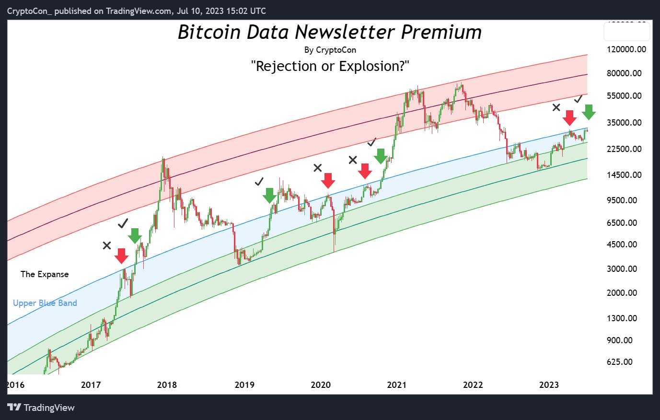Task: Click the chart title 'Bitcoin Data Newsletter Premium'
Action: click(330, 32)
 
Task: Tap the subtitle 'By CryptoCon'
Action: click(330, 50)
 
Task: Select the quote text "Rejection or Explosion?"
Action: click(330, 66)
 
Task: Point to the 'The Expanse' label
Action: click(45, 274)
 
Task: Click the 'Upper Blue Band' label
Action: click(45, 303)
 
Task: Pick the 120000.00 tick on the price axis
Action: click(626, 49)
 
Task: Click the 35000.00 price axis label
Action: click(624, 123)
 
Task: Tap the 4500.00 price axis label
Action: click(622, 245)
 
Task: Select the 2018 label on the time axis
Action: click(167, 385)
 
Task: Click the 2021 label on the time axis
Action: click(396, 385)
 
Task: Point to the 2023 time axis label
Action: click(549, 385)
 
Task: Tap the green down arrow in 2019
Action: click(269, 195)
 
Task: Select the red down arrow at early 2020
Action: click(328, 181)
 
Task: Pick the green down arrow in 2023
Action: click(589, 112)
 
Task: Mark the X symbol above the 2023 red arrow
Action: click(556, 107)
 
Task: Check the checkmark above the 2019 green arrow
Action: click(259, 181)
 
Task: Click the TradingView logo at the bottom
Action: click(41, 408)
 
